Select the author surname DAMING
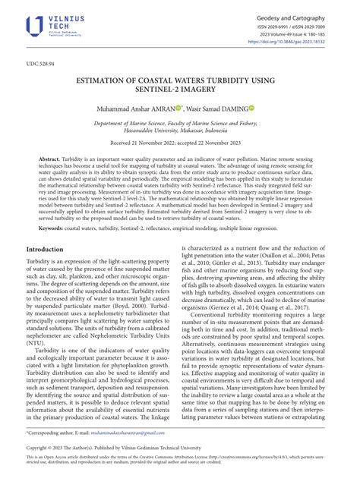[x=232, y=109]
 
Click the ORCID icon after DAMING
[x=251, y=108]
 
